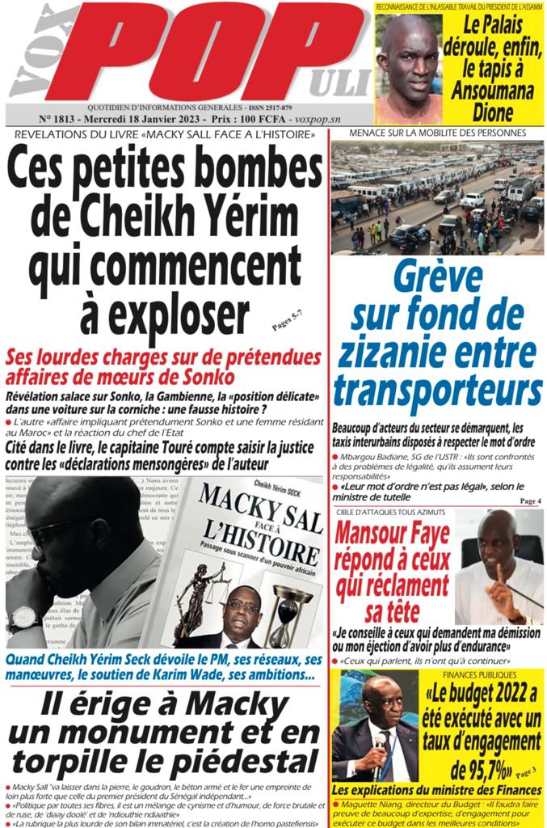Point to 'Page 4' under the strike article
[x=531, y=501]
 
